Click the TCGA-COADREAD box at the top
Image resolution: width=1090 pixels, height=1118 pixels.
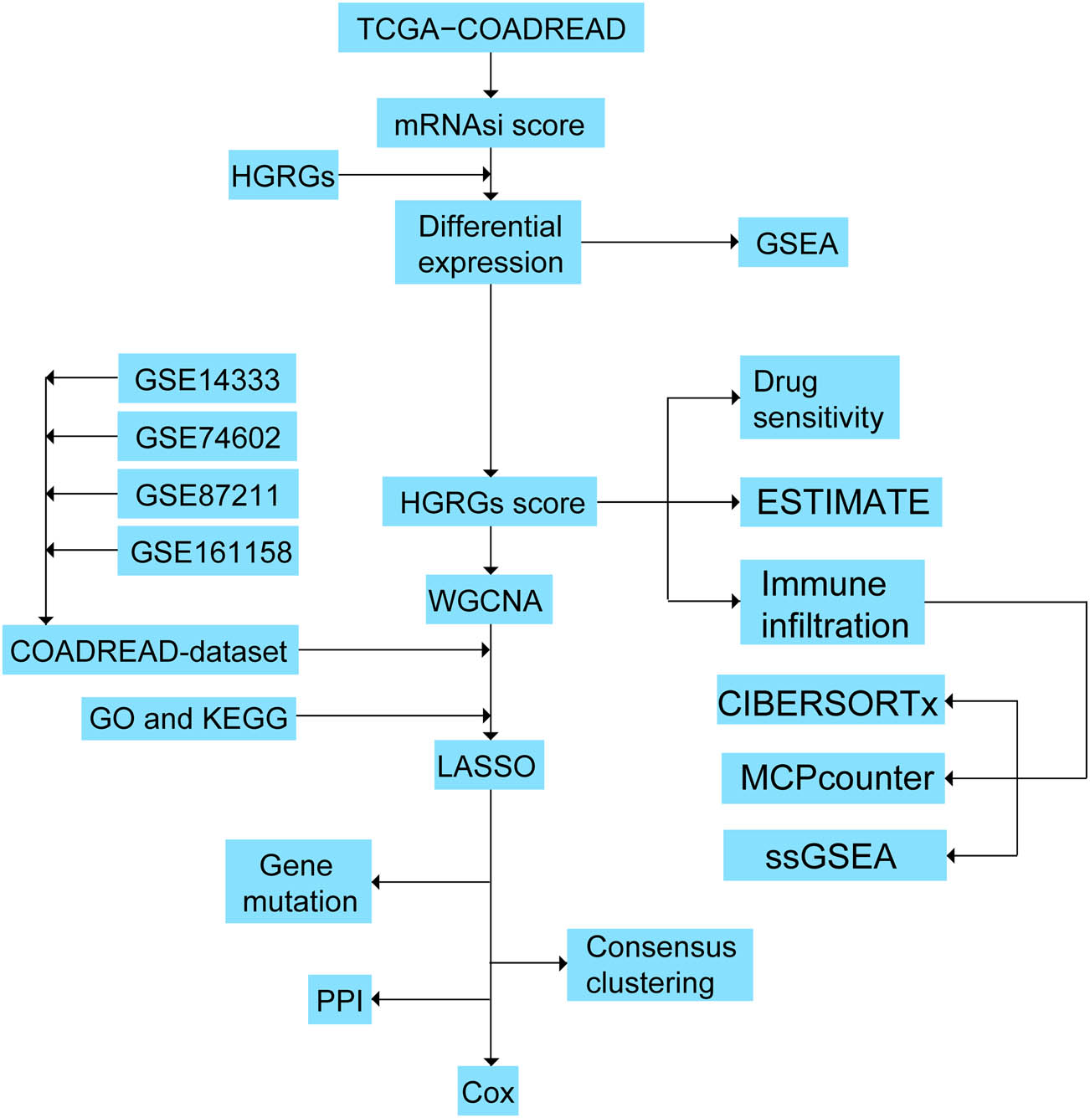491,28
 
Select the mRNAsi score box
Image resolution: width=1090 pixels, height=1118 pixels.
490,123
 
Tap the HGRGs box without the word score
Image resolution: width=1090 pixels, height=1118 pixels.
283,175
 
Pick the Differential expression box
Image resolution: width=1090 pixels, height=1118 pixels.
488,243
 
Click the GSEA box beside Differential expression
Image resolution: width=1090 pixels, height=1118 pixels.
793,243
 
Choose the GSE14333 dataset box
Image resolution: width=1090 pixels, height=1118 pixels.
207,378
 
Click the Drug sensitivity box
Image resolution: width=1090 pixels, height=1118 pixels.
819,397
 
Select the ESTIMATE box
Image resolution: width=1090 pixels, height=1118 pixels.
841,502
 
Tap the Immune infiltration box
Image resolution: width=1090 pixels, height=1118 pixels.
832,603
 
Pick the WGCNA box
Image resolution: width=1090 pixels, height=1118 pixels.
488,599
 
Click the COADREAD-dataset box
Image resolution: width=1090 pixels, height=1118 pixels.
150,650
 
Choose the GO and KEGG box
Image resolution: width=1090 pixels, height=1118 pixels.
188,718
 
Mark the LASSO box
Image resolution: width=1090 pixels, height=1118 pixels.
489,765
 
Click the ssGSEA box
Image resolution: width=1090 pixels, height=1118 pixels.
835,855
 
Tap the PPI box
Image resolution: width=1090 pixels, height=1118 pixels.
339,999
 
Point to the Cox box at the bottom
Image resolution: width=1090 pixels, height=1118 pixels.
488,1090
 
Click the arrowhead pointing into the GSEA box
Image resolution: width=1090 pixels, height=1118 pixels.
734,242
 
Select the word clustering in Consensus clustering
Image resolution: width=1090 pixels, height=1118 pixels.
650,982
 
